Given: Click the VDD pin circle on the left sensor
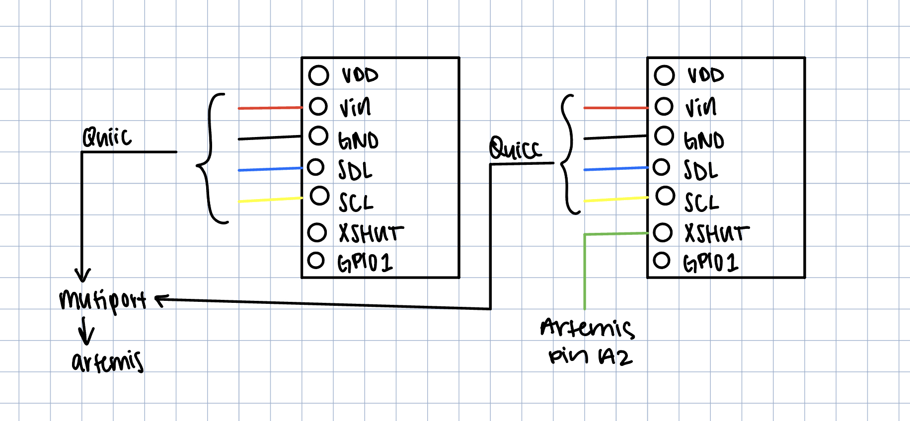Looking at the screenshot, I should coord(318,75).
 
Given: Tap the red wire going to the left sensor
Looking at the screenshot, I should coord(270,108).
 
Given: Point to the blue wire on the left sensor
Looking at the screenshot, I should coord(270,169).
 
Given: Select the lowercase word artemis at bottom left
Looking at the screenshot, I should coord(108,362).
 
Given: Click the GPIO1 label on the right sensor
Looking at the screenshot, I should coord(711,263).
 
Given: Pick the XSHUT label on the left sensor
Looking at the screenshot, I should coord(371,233).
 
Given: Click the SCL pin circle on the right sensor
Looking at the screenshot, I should coord(665,196).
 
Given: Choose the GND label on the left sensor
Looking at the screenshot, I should coord(358,140).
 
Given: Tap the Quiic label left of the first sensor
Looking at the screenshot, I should coord(107,137).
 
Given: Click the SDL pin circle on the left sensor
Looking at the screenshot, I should coord(315,167).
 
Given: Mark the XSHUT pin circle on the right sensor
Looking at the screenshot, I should coord(663,232).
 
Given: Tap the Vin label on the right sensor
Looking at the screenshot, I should coord(701,107).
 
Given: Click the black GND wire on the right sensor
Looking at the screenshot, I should coord(615,137).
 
